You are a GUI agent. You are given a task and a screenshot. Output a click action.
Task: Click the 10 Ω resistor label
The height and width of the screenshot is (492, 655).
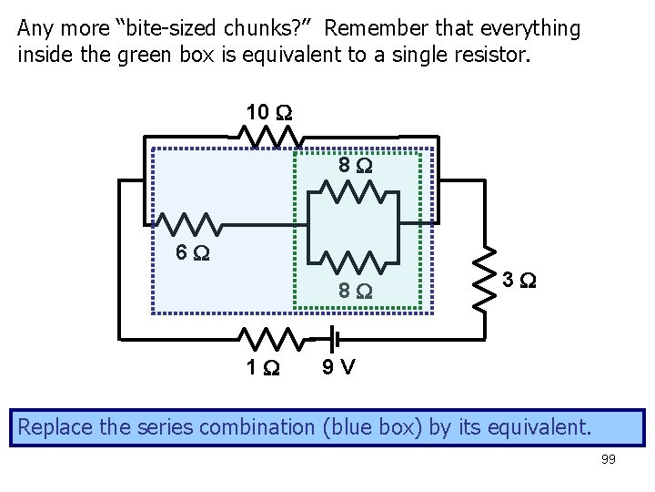268,113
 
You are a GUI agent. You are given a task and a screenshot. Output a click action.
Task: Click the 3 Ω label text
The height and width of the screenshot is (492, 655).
520,280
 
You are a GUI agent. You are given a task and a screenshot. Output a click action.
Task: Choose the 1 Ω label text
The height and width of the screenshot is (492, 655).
264,367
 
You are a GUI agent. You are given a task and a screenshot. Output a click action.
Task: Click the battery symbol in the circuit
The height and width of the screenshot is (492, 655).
334,339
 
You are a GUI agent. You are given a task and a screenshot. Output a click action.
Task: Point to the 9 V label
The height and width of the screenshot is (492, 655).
339,367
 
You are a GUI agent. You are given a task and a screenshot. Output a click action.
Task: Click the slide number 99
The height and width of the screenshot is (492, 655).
608,459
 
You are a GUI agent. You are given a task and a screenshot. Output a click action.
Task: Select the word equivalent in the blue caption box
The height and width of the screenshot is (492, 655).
540,425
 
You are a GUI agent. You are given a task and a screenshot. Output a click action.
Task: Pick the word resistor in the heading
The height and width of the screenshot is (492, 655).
492,54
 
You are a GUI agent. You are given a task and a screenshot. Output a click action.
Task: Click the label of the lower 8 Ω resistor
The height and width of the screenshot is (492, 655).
354,292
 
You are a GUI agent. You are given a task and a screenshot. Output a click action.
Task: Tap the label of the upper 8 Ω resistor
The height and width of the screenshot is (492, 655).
354,166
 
